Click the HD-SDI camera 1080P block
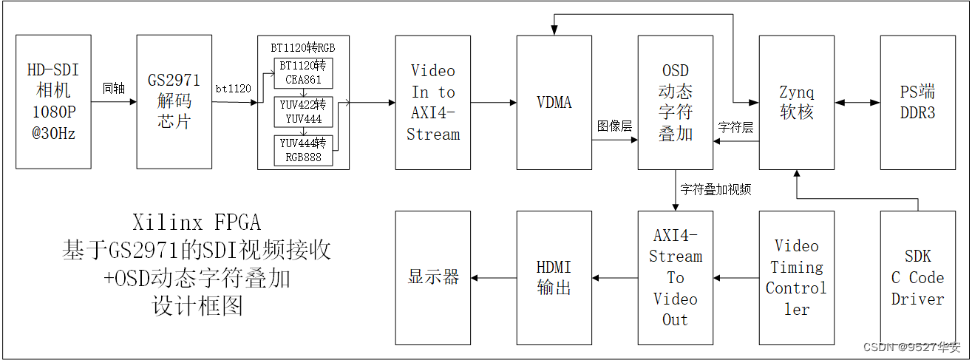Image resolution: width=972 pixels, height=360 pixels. point(53,102)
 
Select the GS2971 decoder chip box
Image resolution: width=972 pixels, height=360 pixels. point(174,102)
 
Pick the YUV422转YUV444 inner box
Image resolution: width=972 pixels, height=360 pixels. point(302,112)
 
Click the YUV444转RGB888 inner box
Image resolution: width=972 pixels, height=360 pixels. point(302,150)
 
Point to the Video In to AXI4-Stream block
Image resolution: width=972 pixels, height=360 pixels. point(432,102)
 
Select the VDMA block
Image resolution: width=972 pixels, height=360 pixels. point(554,102)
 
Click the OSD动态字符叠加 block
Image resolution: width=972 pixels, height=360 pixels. point(675,102)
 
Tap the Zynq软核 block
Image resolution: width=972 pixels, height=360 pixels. point(796,102)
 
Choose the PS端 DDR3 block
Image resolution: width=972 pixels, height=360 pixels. point(917,102)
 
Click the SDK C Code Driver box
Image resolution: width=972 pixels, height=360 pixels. point(917,278)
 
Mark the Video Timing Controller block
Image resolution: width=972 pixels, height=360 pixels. point(796,278)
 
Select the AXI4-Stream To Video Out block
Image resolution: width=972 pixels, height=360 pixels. point(675,278)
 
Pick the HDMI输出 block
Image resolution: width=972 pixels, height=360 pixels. point(554,278)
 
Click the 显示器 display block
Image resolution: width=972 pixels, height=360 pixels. point(432,278)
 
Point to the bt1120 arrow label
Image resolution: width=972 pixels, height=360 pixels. point(233,89)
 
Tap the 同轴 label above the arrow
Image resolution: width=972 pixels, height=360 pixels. point(114,89)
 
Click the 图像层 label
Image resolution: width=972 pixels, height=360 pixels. point(614,126)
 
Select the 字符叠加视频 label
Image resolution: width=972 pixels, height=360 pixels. point(716,189)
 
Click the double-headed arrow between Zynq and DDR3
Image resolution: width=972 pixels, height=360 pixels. point(857,102)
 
